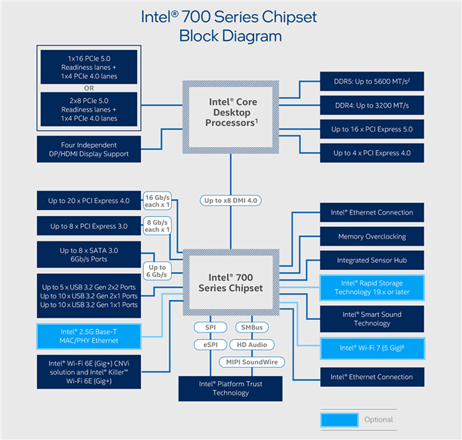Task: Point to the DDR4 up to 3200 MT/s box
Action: (372, 106)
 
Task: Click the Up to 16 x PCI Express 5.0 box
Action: (372, 130)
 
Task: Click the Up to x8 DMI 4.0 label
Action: (231, 200)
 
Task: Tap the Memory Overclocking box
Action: (372, 236)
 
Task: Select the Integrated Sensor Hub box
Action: (372, 261)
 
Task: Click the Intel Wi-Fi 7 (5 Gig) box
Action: (372, 348)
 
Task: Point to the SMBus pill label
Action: (250, 327)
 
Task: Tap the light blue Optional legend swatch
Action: (339, 419)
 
